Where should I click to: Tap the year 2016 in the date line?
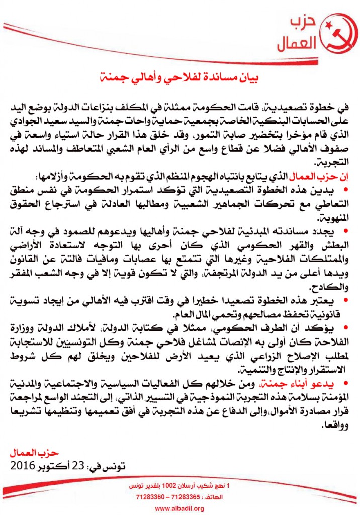coord(26,466)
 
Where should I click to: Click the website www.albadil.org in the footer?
coord(179,508)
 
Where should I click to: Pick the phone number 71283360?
coord(146,498)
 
